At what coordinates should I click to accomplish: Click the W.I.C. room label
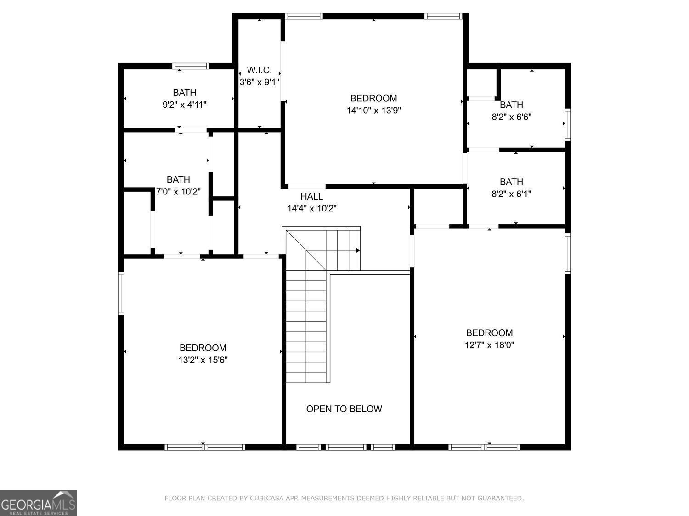[x=260, y=70]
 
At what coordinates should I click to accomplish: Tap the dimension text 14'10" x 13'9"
[x=374, y=110]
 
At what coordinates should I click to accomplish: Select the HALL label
[x=311, y=196]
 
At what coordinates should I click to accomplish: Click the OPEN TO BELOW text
[x=344, y=409]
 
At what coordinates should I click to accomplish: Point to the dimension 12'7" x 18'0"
[x=489, y=345]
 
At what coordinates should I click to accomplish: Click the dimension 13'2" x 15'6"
[x=203, y=360]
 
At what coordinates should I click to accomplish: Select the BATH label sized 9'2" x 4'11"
[x=185, y=93]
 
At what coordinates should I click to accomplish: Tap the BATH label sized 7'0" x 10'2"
[x=178, y=179]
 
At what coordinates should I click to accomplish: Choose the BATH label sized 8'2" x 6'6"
[x=511, y=105]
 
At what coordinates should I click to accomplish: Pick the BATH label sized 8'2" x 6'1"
[x=511, y=182]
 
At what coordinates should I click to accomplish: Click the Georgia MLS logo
[x=39, y=503]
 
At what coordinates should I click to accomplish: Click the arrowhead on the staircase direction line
[x=358, y=250]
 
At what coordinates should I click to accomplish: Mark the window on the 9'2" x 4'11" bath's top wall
[x=191, y=66]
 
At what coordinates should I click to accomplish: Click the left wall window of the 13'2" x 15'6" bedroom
[x=121, y=294]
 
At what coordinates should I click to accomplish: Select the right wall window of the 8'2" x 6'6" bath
[x=568, y=124]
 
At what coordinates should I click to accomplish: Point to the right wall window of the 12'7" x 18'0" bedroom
[x=568, y=254]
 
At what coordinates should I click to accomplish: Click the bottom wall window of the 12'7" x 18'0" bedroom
[x=484, y=447]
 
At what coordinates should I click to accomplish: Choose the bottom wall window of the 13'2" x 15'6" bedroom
[x=205, y=447]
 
